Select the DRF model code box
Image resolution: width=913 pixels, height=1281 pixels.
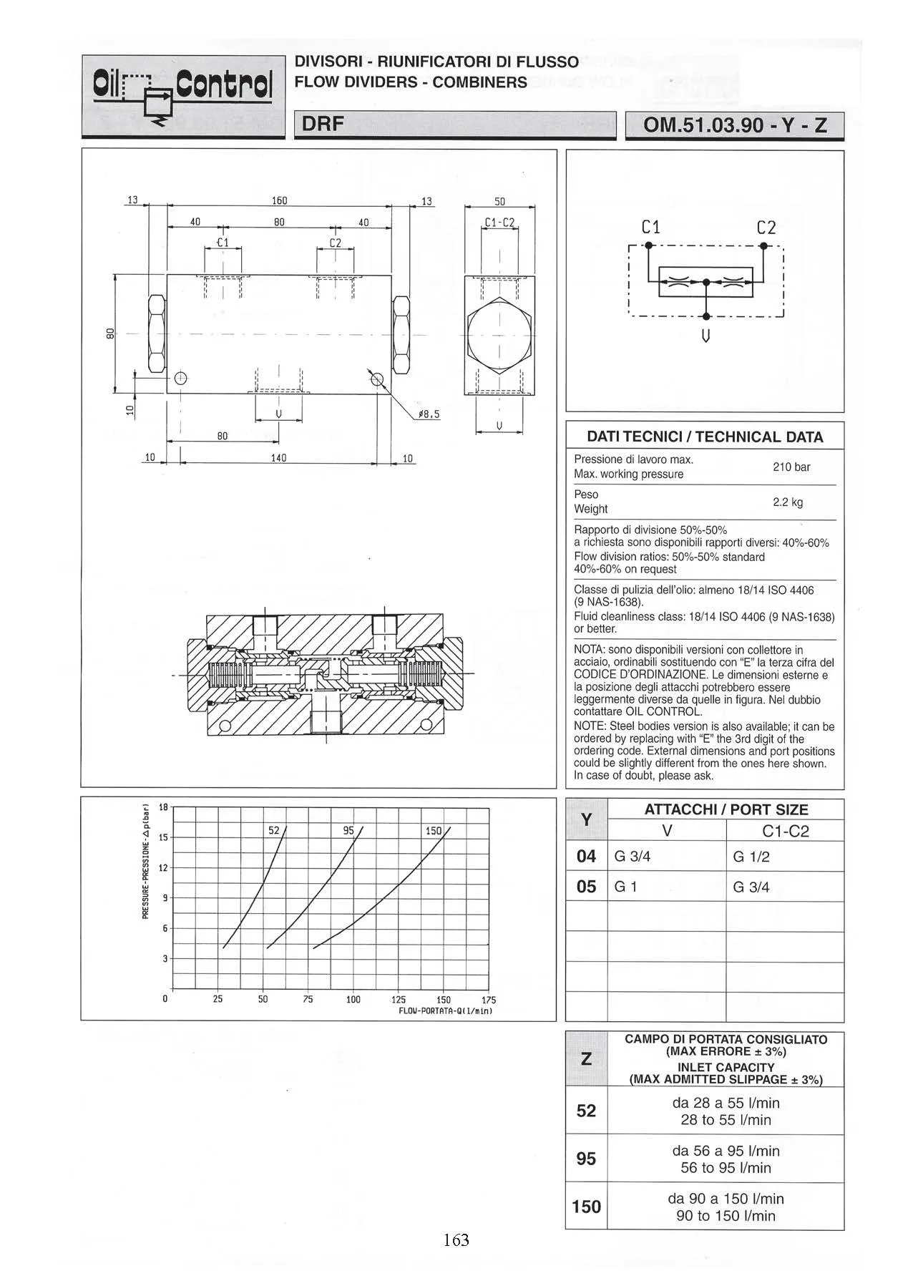point(455,125)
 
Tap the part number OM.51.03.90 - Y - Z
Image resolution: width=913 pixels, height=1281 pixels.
point(735,125)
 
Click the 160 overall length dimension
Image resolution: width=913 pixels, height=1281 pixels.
point(279,201)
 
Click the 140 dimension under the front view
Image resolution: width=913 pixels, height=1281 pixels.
point(279,457)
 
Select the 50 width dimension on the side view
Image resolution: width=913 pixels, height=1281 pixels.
point(500,201)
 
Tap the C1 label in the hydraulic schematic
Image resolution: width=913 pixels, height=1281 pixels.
point(650,228)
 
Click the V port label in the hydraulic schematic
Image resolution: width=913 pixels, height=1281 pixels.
point(706,335)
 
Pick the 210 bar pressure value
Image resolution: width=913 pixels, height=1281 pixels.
point(791,467)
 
